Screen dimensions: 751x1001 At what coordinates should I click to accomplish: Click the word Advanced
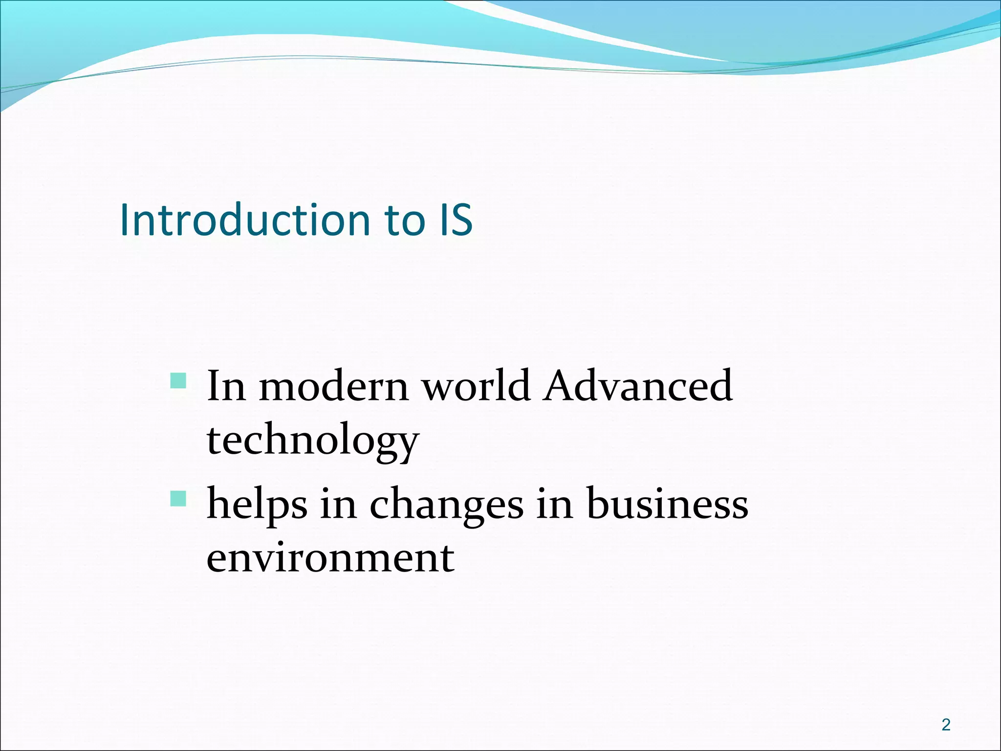coord(638,386)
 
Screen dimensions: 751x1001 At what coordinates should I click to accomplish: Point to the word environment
coord(330,558)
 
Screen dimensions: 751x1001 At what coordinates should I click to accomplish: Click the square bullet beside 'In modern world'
coord(178,381)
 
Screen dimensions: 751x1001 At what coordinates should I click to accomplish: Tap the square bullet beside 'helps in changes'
coord(178,499)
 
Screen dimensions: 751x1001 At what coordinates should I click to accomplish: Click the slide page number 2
coord(946,725)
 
